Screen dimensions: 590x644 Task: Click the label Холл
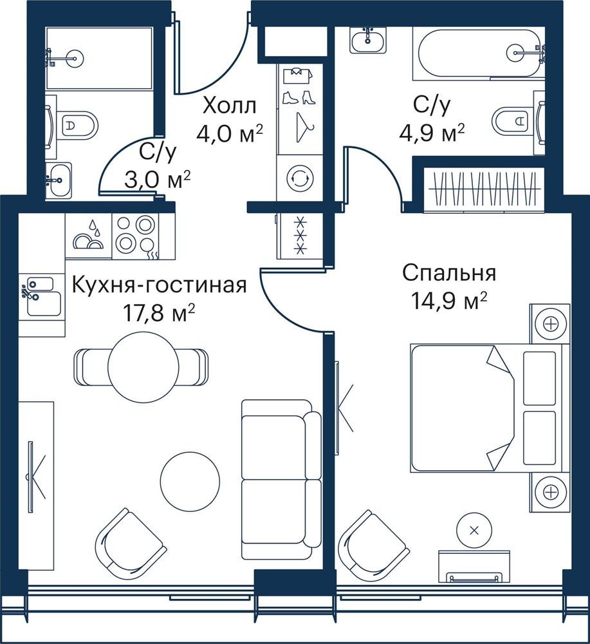230,106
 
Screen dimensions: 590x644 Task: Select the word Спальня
449,274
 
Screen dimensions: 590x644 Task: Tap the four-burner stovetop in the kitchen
135,236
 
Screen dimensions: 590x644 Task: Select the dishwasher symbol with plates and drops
88,236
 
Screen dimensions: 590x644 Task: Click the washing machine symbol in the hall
300,178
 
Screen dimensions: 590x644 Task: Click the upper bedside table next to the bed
549,324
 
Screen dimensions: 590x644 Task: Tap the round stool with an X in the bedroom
474,530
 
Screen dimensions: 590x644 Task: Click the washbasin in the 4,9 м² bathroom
369,39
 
